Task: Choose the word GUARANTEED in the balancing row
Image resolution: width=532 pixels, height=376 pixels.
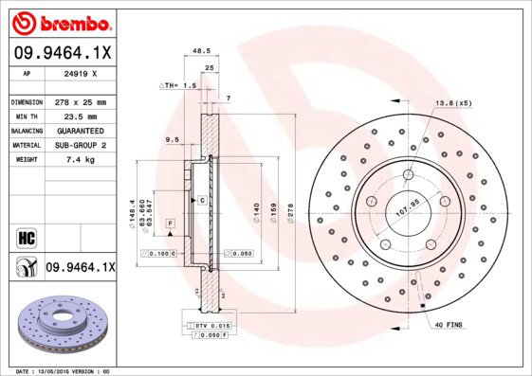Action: coord(78,130)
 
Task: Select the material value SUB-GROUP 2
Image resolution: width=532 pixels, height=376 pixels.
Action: coord(78,145)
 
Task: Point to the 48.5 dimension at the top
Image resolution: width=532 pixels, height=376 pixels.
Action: coord(200,52)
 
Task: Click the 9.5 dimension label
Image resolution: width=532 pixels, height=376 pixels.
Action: coord(173,139)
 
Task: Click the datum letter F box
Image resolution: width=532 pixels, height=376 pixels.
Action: coord(169,222)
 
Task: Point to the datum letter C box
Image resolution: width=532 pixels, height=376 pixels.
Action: coord(202,201)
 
